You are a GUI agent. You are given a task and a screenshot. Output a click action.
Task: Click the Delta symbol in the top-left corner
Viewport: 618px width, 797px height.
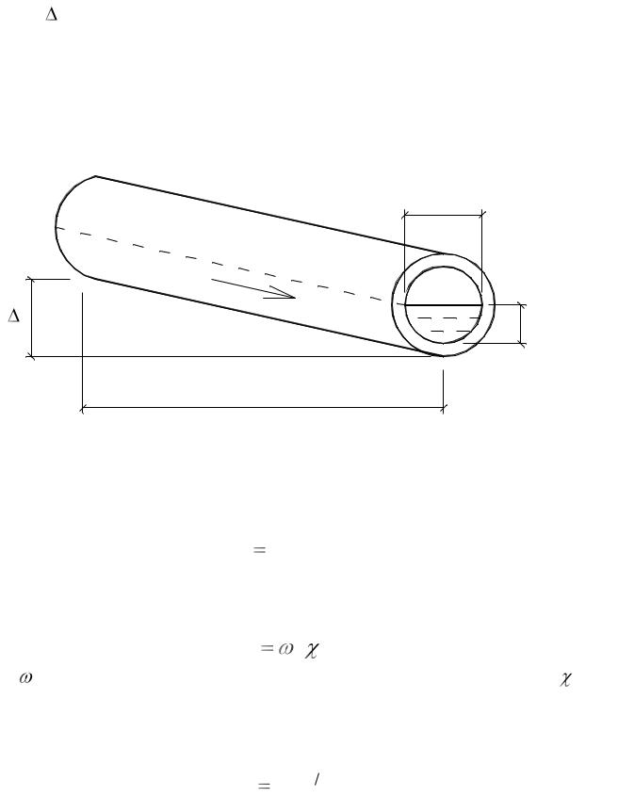[x=51, y=15]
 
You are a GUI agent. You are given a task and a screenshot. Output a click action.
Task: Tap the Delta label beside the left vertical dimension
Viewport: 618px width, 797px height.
[x=14, y=317]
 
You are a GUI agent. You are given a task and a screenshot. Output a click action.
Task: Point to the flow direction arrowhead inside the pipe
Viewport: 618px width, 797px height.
[x=282, y=293]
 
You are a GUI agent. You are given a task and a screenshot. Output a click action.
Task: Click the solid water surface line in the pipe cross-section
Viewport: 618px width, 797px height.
[x=443, y=305]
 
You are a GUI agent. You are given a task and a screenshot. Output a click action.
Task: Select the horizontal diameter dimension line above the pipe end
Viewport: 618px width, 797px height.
[x=443, y=216]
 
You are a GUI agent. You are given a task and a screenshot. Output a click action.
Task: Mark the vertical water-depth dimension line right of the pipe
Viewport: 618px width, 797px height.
[x=521, y=324]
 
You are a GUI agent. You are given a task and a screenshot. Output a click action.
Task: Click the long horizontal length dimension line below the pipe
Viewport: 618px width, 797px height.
[x=262, y=407]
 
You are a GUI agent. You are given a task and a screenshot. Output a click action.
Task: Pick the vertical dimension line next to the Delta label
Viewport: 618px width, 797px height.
[x=31, y=317]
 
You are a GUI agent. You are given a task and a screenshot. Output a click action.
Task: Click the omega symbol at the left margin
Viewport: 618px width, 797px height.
[x=26, y=677]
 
